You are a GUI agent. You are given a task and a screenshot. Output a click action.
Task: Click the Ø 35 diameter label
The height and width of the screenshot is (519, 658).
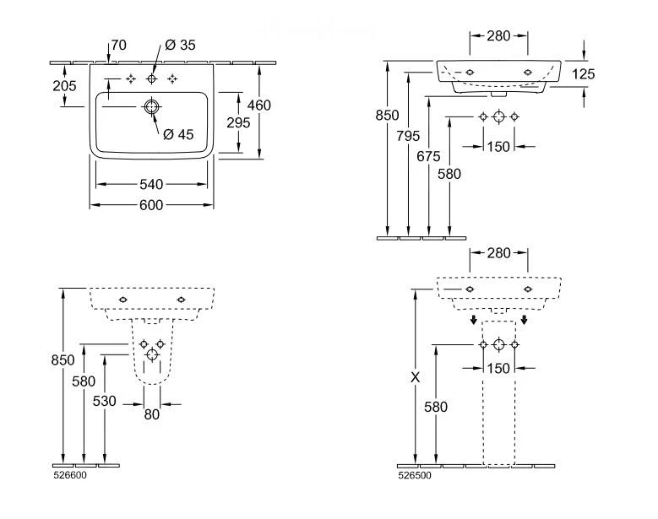[x=181, y=46]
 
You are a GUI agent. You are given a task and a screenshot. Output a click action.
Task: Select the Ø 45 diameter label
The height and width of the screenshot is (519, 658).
[x=178, y=133]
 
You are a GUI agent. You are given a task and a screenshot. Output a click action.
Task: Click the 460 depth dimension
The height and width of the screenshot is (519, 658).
[x=258, y=105]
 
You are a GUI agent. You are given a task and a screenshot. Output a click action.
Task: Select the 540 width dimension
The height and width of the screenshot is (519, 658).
[x=151, y=184]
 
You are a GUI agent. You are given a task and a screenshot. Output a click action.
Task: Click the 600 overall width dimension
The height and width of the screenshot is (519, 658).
[x=151, y=204]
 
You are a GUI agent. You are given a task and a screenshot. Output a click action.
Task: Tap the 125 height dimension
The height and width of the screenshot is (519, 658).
[x=583, y=74]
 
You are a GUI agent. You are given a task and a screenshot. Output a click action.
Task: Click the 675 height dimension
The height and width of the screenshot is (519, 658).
[x=429, y=155]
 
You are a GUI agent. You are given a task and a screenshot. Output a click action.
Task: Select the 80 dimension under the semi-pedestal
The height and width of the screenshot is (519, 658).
[x=151, y=414]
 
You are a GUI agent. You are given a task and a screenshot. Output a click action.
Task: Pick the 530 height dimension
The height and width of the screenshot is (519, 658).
[x=104, y=401]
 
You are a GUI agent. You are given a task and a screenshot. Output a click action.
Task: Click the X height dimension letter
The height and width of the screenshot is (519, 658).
[x=414, y=378]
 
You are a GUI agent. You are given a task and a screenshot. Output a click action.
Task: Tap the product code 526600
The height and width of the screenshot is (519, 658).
[x=69, y=475]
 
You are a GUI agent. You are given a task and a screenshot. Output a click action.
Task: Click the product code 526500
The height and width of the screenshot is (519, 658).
[x=413, y=475]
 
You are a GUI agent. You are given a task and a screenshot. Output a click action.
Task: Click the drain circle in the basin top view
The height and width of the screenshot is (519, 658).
[x=151, y=107]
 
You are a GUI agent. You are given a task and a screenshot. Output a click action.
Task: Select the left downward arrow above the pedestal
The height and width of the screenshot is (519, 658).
[x=474, y=320]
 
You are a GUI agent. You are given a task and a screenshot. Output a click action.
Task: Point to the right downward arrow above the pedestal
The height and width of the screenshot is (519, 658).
[x=525, y=320]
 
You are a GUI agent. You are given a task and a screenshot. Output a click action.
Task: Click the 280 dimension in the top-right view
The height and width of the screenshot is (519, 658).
[x=498, y=35]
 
